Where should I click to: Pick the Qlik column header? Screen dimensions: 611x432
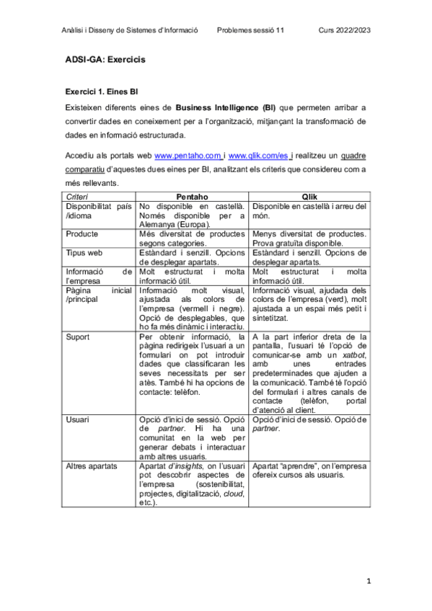309,197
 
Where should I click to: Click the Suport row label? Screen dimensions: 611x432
77,337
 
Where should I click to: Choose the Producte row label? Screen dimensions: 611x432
81,234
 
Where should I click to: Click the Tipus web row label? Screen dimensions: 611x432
84,253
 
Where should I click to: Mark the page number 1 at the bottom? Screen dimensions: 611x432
367,580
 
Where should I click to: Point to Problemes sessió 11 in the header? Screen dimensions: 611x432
250,30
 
